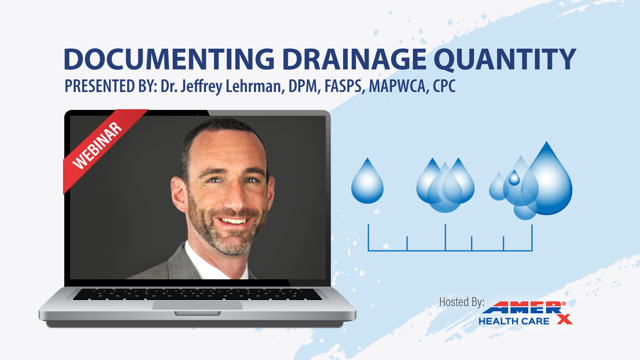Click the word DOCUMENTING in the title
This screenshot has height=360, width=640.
[x=169, y=59]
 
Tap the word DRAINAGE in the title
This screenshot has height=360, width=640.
[x=354, y=59]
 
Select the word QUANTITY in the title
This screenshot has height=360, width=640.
[x=505, y=60]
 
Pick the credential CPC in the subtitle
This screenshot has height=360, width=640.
[x=444, y=86]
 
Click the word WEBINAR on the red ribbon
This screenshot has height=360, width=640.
[x=97, y=146]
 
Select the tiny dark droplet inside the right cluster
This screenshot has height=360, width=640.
[x=514, y=178]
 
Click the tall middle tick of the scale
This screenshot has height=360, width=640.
[x=445, y=237]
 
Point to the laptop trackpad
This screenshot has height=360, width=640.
[x=198, y=305]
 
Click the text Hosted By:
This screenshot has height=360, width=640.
[x=462, y=302]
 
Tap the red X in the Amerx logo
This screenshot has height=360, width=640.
[x=565, y=319]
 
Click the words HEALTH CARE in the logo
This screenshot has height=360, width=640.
[x=514, y=321]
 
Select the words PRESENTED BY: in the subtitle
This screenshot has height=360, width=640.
[x=111, y=86]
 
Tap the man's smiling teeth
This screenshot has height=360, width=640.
[x=234, y=221]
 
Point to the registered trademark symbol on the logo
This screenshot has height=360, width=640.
[x=564, y=304]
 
